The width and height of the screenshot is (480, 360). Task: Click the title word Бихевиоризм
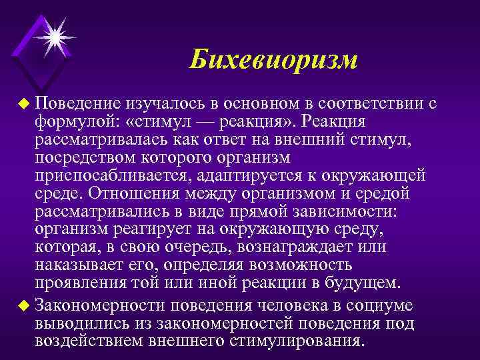pyautogui.click(x=273, y=60)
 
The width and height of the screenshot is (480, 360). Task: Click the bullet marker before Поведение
pyautogui.click(x=25, y=105)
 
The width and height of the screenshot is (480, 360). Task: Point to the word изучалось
pyautogui.click(x=160, y=104)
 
